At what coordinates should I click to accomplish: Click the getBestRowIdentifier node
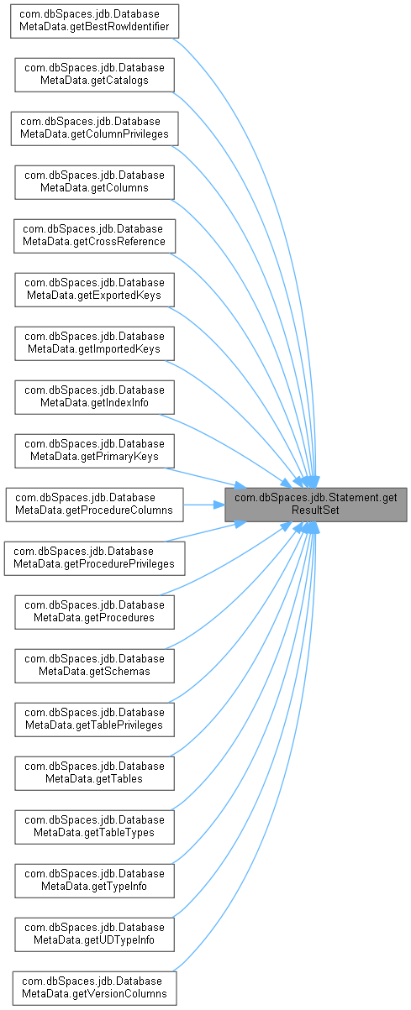[94, 21]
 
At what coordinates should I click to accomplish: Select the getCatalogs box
[94, 75]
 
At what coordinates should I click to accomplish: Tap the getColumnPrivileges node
[94, 128]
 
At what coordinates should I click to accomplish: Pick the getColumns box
[94, 182]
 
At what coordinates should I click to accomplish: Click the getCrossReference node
[94, 236]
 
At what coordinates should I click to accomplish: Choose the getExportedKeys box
[94, 290]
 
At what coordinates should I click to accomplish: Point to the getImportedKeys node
[94, 343]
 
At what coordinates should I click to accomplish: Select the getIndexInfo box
[94, 397]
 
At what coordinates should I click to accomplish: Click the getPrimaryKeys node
[94, 451]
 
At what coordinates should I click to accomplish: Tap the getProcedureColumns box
[94, 505]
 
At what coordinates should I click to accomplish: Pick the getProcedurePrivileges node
[94, 558]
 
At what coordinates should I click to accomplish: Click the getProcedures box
[94, 612]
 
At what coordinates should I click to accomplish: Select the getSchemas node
[94, 666]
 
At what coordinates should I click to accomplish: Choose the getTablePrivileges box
[94, 720]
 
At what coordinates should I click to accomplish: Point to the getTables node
[94, 773]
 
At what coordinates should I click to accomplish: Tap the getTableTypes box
[94, 826]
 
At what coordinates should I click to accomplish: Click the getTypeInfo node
[94, 880]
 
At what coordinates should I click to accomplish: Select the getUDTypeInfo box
[94, 934]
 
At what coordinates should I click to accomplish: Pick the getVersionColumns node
[94, 988]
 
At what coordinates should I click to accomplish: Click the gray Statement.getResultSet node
[316, 505]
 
